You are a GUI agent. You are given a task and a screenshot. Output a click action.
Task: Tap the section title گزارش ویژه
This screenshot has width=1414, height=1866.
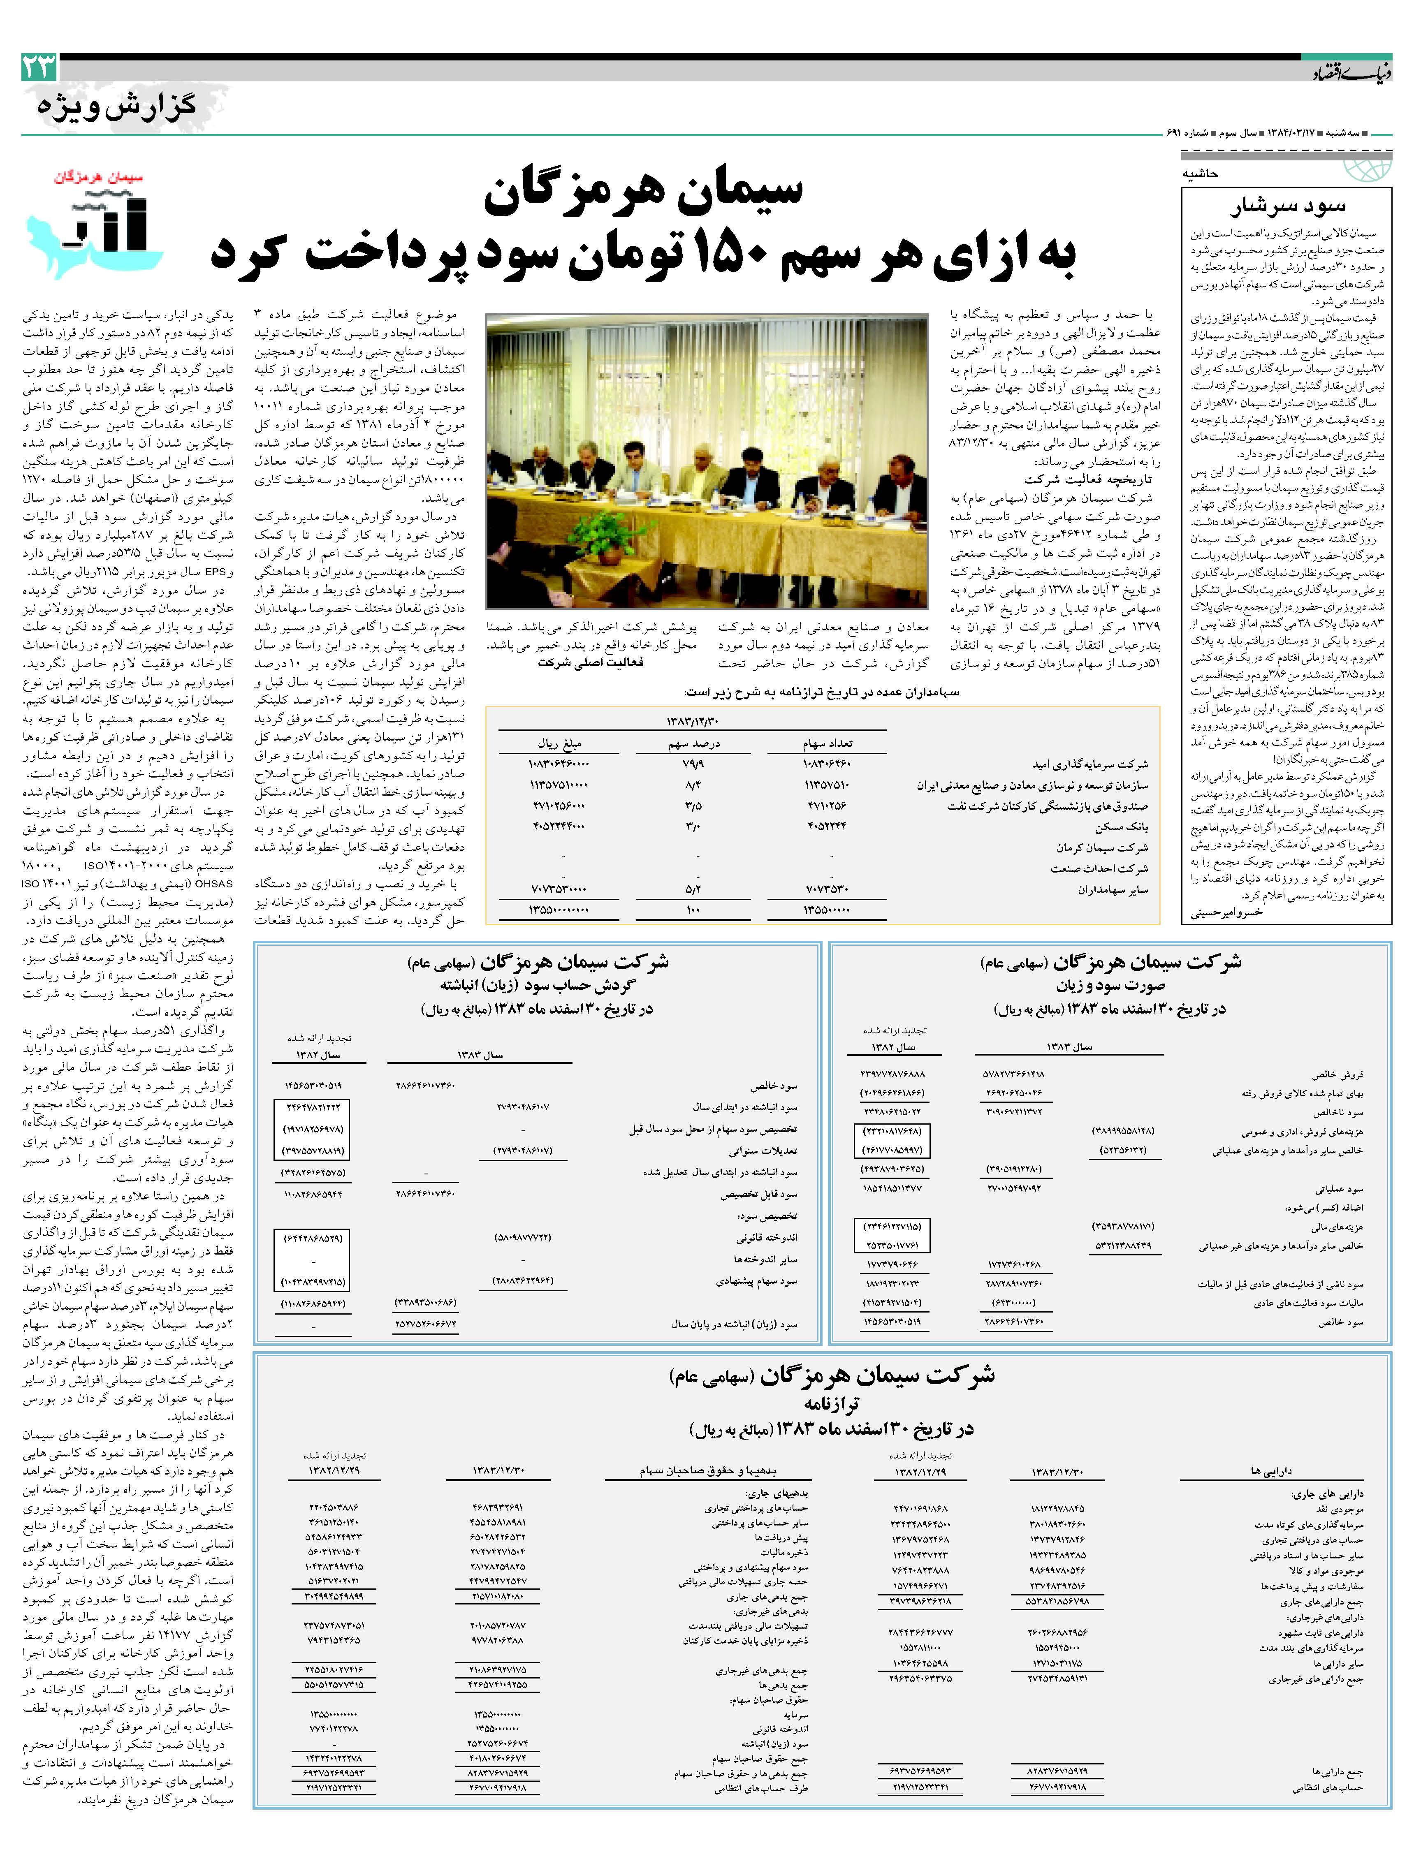point(116,107)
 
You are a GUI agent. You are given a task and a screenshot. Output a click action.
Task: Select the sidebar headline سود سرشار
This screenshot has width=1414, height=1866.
point(1287,206)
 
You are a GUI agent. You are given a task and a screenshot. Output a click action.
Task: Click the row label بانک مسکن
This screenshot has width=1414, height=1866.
point(1122,827)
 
